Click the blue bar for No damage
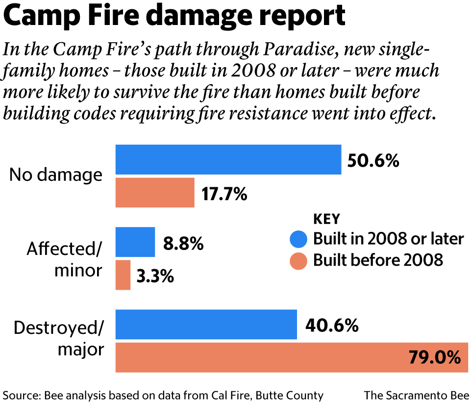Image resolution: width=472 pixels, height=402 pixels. coord(228,159)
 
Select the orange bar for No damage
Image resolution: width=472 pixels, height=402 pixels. coord(155,193)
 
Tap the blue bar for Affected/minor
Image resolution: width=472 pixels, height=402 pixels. coord(135,242)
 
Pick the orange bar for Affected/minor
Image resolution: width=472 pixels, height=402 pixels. coord(123,275)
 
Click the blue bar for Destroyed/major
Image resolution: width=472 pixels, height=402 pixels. coord(206,325)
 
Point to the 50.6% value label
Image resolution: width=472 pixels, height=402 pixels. coord(373,160)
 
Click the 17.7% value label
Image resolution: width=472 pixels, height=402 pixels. coord(224,194)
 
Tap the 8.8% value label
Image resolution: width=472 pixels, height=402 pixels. coord(183,244)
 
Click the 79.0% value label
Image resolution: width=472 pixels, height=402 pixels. coord(435,357)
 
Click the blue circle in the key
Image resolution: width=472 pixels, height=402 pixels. coord(298,239)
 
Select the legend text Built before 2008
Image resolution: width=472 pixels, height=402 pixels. coord(378,260)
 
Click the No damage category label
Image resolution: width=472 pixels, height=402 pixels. coord(56,175)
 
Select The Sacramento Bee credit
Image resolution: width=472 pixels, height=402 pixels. coord(416,395)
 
